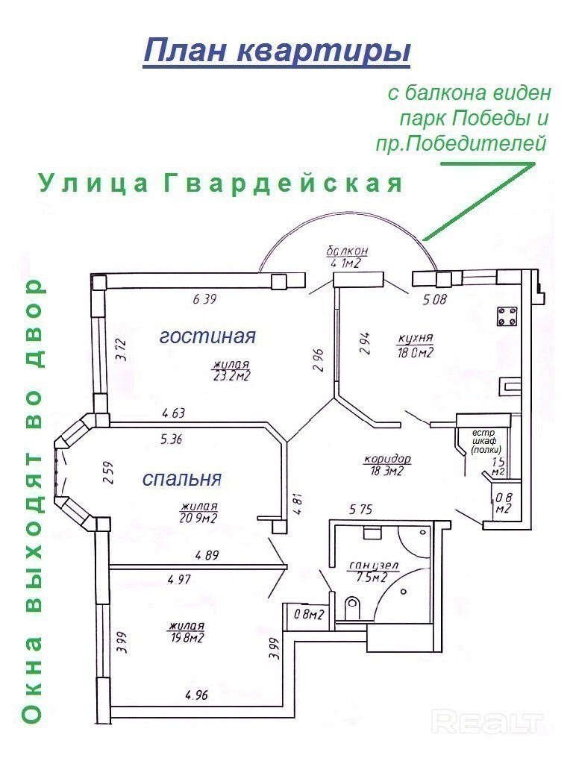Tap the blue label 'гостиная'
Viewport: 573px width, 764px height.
pos(207,336)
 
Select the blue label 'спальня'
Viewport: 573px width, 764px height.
pos(182,479)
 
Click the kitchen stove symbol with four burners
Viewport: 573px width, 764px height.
pos(507,316)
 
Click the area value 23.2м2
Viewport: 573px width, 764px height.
pos(231,376)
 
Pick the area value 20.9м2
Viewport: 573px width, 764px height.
pos(198,518)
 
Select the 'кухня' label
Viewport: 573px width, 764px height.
pos(416,338)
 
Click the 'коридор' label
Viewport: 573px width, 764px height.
pos(388,459)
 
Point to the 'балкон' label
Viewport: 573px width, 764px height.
pos(347,251)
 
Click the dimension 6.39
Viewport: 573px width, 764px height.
pos(204,298)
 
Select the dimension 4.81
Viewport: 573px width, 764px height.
pos(298,505)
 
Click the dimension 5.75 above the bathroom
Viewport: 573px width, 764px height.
pos(360,509)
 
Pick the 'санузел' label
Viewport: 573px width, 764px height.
pos(374,566)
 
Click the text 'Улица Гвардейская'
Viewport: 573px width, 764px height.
pos(221,184)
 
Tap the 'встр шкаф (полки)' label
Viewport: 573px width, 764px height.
pos(486,441)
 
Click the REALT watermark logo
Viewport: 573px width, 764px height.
pos(488,722)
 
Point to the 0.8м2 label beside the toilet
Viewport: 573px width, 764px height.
pos(310,615)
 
